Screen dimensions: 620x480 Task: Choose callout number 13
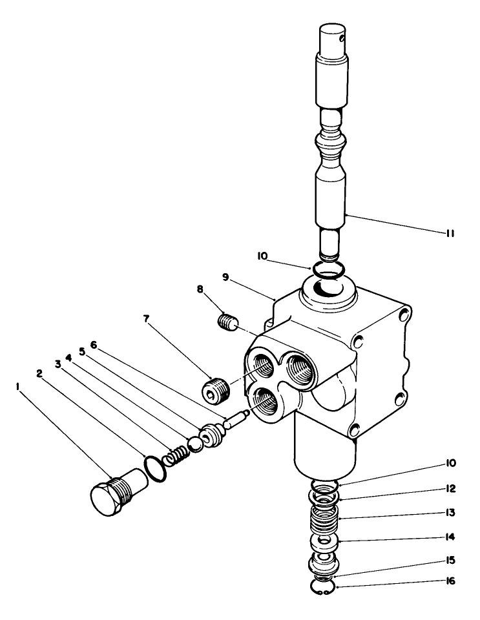[x=450, y=513]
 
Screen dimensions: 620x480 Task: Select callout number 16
[x=450, y=581]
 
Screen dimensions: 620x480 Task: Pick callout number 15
[x=450, y=559]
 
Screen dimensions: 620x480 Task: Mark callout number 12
[x=450, y=488]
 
